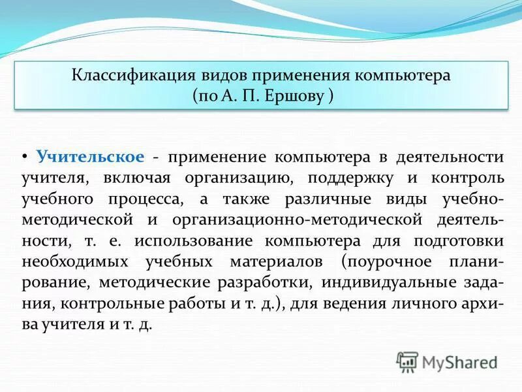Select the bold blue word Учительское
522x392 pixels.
coord(90,157)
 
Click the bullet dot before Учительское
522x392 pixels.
coord(25,157)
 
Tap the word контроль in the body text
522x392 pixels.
coord(467,178)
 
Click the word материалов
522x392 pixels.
coord(275,261)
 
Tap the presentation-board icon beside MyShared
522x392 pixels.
coord(408,362)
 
